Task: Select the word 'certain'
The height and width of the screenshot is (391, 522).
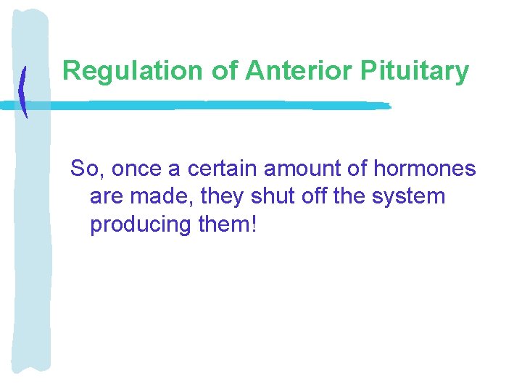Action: coord(222,169)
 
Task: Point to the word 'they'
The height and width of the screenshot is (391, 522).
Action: coord(217,197)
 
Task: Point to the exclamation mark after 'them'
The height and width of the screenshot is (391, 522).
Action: coord(252,224)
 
